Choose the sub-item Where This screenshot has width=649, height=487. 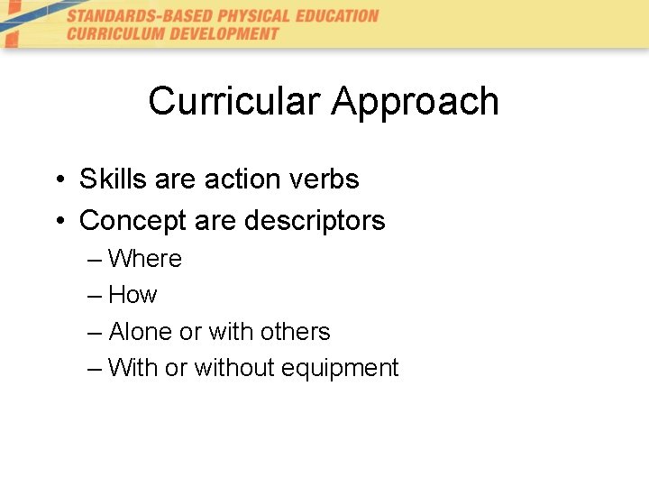(144, 259)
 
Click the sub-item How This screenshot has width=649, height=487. (133, 295)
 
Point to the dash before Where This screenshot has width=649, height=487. (96, 260)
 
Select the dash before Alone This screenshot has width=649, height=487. (96, 333)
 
